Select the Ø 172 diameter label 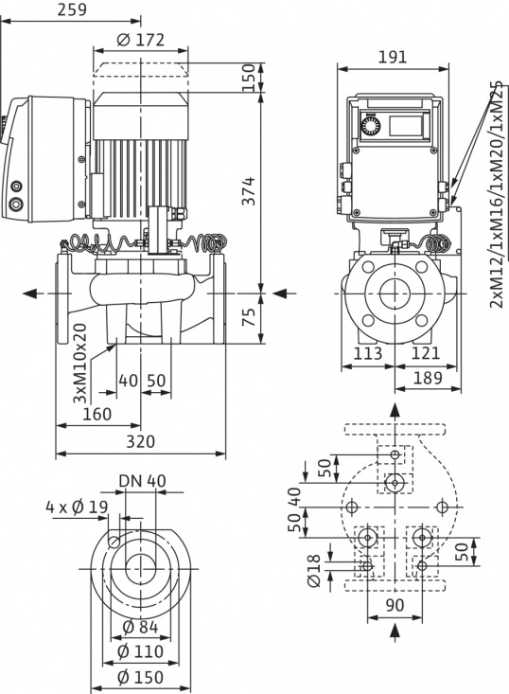pos(141,40)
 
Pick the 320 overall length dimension pos(140,441)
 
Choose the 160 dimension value pos(97,414)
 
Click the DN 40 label pos(142,480)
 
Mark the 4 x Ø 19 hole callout pos(76,507)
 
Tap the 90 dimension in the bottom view pos(395,604)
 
